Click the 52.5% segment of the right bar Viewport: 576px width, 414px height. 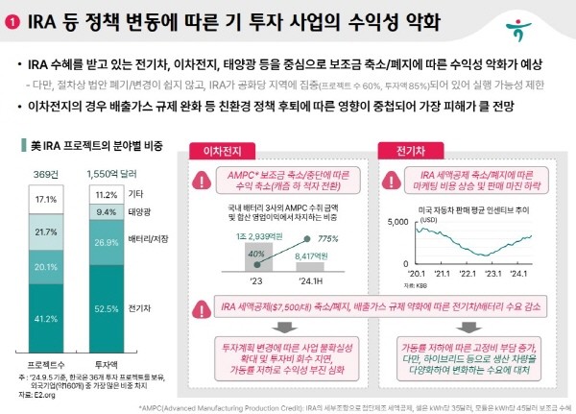coord(108,307)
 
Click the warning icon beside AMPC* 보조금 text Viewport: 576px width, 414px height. coord(204,180)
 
